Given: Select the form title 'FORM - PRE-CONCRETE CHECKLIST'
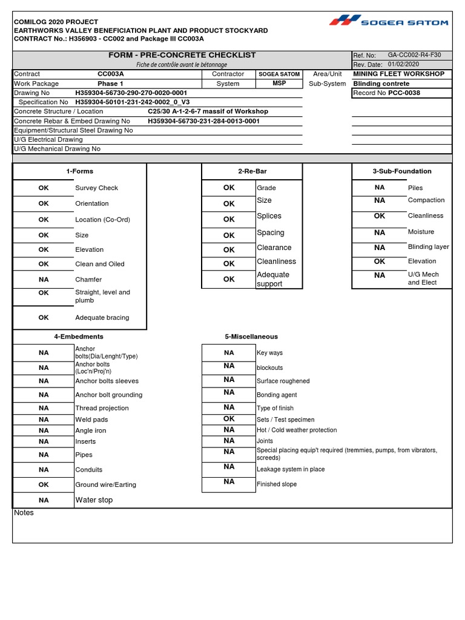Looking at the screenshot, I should pyautogui.click(x=182, y=55).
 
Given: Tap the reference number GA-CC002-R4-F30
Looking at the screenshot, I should pyautogui.click(x=414, y=55).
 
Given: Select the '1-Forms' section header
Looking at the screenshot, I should pyautogui.click(x=79, y=171).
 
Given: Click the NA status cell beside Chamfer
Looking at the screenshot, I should pyautogui.click(x=44, y=280).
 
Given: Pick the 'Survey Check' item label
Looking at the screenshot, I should pyautogui.click(x=96, y=188).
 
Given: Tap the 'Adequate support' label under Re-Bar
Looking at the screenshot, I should pyautogui.click(x=273, y=279).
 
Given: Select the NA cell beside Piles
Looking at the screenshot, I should pyautogui.click(x=380, y=188).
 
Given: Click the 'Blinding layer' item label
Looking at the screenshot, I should pyautogui.click(x=428, y=247).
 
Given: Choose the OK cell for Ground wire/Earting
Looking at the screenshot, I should pyautogui.click(x=44, y=485).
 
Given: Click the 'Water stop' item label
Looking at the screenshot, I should pyautogui.click(x=94, y=500).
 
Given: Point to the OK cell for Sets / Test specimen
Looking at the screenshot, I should pyautogui.click(x=228, y=419).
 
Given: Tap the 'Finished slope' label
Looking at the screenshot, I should pyautogui.click(x=277, y=484).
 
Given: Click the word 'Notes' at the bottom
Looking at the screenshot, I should pyautogui.click(x=24, y=513).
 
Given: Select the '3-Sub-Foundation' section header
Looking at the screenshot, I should pyautogui.click(x=401, y=171).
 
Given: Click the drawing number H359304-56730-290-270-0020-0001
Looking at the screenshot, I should pyautogui.click(x=131, y=93).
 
